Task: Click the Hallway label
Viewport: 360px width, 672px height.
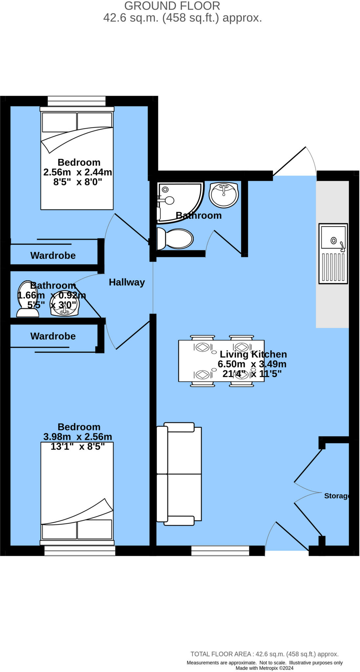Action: [127, 282]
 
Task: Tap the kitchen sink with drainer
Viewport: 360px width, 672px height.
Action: [333, 254]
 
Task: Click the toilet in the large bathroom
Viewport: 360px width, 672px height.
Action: [176, 239]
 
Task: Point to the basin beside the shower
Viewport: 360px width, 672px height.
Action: [223, 195]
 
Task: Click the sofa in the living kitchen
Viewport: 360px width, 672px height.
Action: [179, 474]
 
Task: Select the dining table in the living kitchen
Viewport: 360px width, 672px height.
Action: [221, 361]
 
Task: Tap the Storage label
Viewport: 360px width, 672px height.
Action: [336, 496]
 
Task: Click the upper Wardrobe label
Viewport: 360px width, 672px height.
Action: [53, 255]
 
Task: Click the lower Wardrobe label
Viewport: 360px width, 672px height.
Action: [53, 336]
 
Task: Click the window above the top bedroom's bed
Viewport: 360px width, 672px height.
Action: [76, 101]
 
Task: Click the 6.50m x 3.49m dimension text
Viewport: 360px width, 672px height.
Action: [252, 364]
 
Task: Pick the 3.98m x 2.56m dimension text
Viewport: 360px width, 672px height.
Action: [78, 437]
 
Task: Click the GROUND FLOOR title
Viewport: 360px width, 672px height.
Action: [172, 6]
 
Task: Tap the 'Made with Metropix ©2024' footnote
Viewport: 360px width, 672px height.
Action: [264, 668]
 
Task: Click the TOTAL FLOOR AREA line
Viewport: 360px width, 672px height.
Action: [264, 654]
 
